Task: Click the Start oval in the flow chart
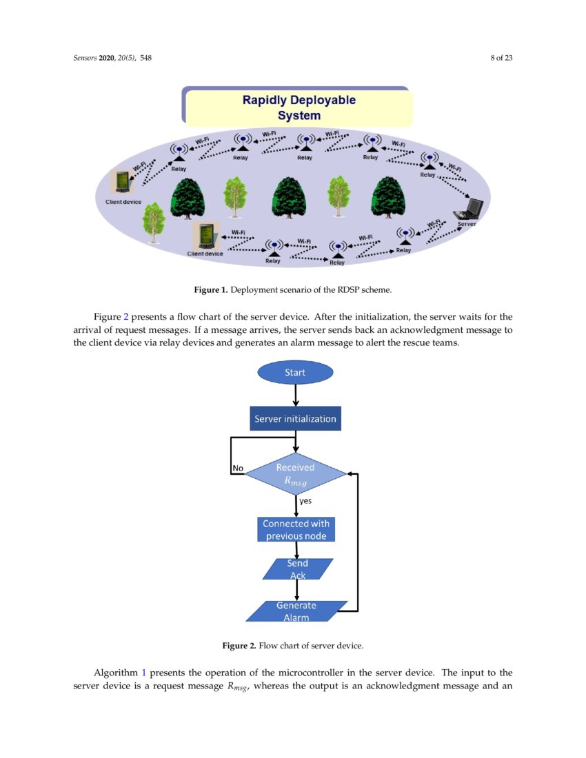[295, 373]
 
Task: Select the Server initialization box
[295, 418]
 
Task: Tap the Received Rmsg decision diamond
[296, 474]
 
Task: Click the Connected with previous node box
[296, 530]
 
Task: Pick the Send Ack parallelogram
[297, 568]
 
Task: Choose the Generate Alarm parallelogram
[296, 611]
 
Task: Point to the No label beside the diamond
[238, 468]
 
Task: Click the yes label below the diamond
[305, 501]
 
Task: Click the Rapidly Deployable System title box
[299, 107]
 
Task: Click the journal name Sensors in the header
[85, 58]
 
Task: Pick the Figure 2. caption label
[239, 646]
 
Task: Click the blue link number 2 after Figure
[125, 317]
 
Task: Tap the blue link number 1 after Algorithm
[144, 672]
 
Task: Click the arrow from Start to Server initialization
[295, 395]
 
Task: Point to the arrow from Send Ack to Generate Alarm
[296, 590]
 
